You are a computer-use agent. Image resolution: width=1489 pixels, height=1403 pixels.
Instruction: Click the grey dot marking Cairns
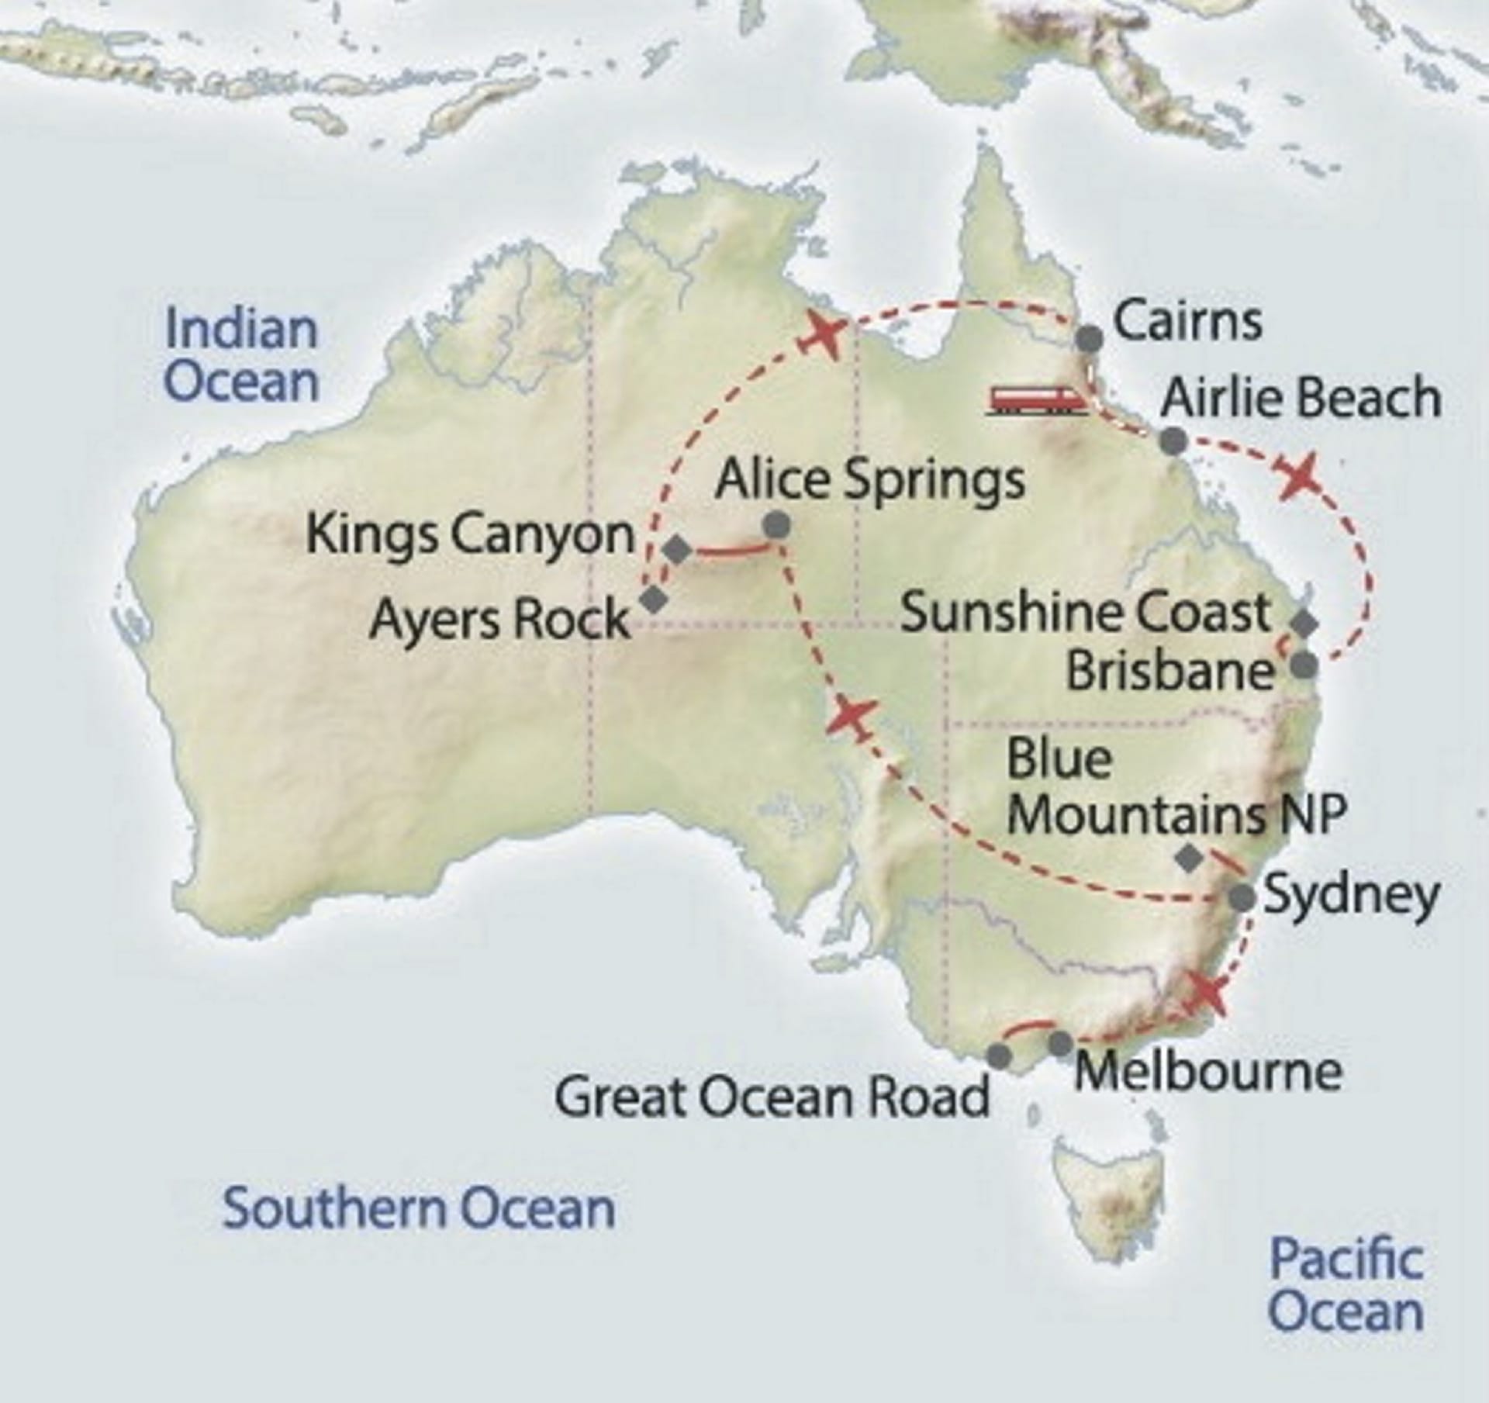coord(1090,340)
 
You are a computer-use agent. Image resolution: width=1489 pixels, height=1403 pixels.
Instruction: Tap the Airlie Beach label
coord(1301,398)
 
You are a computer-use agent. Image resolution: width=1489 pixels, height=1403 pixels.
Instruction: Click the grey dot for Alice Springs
coord(776,526)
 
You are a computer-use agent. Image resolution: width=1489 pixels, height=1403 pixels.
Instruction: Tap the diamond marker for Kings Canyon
coord(679,550)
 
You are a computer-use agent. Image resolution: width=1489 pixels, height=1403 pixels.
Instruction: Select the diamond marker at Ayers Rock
coord(654,599)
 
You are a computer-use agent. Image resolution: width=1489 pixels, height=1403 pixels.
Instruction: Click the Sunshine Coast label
coord(1086,613)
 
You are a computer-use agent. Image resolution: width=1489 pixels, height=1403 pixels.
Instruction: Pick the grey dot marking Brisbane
coord(1304,665)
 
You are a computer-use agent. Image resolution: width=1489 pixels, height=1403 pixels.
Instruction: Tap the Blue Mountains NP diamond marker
coord(1189,858)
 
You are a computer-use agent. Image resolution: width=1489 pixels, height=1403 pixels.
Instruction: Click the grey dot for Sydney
coord(1242,897)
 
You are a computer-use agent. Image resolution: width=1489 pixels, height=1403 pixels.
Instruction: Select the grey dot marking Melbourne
coord(1061,1043)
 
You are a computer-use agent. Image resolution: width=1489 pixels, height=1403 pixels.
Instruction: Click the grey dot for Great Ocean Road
coord(1000,1056)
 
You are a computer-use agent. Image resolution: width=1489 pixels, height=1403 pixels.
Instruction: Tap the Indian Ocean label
coord(242,355)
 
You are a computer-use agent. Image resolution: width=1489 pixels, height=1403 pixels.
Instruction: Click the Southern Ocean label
coord(419,1209)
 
